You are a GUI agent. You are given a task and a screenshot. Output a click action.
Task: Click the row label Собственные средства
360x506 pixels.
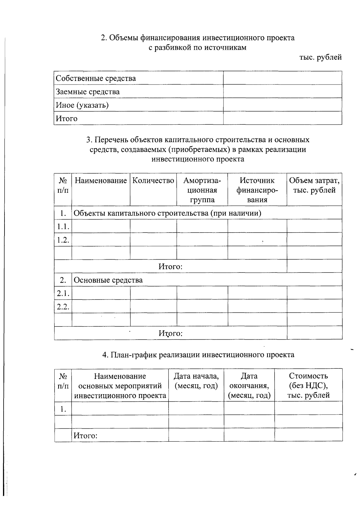click(96, 79)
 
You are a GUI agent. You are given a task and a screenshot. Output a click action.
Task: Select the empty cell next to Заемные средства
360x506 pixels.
click(282, 91)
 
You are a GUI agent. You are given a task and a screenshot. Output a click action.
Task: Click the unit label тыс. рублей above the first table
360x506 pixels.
click(320, 57)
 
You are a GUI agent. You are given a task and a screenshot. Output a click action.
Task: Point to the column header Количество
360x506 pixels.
click(153, 181)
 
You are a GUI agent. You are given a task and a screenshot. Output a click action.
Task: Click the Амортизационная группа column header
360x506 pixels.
click(202, 190)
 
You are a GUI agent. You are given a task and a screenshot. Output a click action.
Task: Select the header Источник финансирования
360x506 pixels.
click(257, 190)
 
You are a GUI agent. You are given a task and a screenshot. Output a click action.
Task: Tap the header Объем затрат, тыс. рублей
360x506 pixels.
click(314, 185)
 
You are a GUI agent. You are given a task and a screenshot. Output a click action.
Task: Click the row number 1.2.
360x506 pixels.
click(63, 240)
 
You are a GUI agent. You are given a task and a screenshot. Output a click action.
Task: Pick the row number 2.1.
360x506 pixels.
click(63, 293)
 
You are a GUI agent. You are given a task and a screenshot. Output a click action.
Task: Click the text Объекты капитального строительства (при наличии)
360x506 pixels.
click(167, 213)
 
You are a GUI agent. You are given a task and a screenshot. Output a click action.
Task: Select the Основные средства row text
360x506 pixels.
click(108, 280)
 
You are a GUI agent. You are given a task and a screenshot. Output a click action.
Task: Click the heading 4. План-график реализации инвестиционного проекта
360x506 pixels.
click(198, 355)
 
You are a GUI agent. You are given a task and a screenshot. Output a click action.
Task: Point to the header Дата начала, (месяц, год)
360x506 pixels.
click(196, 381)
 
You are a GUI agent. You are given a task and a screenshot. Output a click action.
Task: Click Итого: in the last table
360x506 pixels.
click(85, 436)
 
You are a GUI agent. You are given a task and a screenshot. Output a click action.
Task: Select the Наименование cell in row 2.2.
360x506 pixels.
click(101, 306)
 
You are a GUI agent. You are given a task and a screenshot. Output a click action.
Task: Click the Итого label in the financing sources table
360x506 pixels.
click(67, 119)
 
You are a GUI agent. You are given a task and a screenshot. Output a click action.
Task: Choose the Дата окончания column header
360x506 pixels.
click(249, 385)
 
